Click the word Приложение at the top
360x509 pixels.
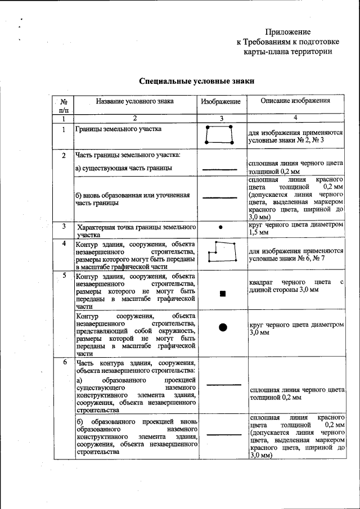(287, 32)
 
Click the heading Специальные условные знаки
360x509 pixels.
(197, 81)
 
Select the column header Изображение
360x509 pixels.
(221, 102)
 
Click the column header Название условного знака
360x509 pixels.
(134, 101)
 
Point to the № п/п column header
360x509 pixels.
(64, 105)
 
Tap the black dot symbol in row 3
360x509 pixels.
(220, 227)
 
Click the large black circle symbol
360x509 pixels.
(223, 327)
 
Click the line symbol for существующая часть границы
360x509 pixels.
(220, 169)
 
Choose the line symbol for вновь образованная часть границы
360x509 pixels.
(220, 197)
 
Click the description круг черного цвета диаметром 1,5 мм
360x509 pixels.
(295, 228)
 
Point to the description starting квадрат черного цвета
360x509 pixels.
(295, 285)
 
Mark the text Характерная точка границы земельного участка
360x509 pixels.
(136, 231)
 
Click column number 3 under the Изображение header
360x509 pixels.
(221, 119)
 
